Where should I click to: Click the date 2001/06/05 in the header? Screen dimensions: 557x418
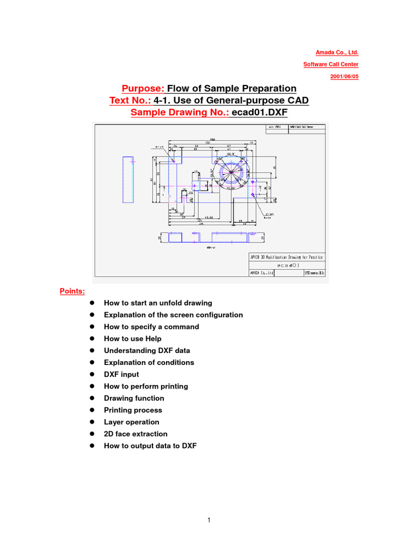tap(344, 77)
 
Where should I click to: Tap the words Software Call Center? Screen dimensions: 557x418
tap(331, 65)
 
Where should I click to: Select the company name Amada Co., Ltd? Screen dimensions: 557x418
tap(337, 53)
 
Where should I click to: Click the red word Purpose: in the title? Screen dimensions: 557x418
tap(143, 89)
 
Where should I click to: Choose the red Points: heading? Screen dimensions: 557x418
tap(72, 291)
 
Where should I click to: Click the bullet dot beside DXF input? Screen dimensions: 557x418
tap(93, 375)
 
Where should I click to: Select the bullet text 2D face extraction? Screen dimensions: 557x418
tap(136, 434)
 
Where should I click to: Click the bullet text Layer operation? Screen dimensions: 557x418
tap(132, 422)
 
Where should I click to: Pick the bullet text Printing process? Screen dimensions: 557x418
tap(133, 410)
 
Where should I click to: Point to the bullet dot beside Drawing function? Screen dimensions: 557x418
tap(93, 399)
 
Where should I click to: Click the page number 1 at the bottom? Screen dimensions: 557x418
tap(209, 521)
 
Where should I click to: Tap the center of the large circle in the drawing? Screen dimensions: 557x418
tap(231, 173)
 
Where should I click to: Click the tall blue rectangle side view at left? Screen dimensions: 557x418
tap(128, 180)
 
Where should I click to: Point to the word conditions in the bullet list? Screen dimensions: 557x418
tap(175, 363)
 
